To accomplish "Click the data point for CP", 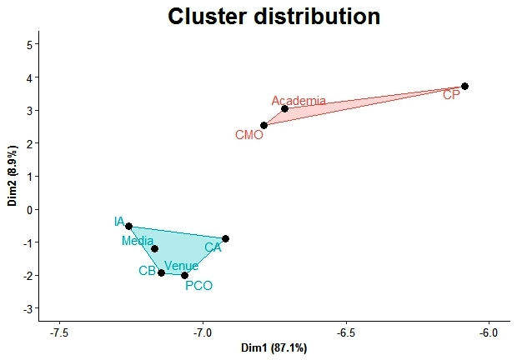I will click(464, 86).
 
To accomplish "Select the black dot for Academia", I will click(284, 108).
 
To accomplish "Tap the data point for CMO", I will click(264, 125).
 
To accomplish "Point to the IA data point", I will click(128, 226).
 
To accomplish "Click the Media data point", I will click(154, 248).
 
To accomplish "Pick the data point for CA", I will click(225, 238).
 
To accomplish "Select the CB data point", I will click(161, 272).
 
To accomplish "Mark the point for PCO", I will click(184, 275).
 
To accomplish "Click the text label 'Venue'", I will click(181, 266).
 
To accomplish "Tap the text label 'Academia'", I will click(299, 101).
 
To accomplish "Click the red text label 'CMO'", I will click(248, 134).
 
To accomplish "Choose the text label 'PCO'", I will click(198, 286).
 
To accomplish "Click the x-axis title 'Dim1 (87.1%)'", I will click(274, 347).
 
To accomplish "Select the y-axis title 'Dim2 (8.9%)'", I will click(13, 176).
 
